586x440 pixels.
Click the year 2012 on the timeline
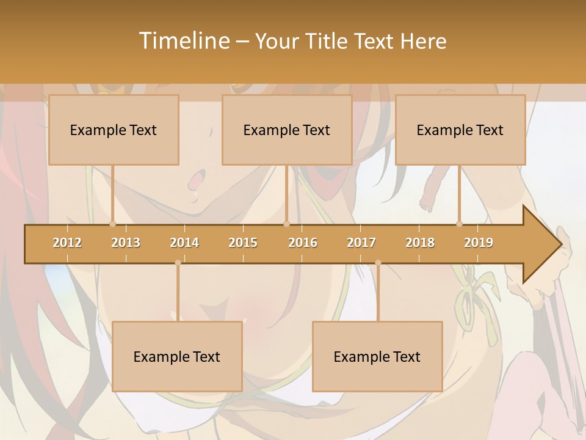67,243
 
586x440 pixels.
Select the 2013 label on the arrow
126,243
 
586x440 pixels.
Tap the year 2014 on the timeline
184,243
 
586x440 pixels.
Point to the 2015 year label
243,243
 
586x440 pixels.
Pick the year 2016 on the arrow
303,243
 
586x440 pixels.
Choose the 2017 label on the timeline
361,243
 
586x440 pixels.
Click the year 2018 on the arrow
420,243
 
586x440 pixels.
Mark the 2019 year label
479,243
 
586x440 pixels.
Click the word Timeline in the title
184,41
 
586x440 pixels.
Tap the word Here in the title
424,42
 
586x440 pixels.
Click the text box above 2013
114,130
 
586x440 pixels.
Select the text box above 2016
287,130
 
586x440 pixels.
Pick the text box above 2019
460,130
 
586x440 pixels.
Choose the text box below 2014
177,356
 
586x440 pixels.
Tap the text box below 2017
377,356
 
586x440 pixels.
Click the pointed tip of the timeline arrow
561,244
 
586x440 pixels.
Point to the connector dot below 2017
378,263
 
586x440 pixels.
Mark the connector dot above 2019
460,224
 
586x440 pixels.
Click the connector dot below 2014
178,263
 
